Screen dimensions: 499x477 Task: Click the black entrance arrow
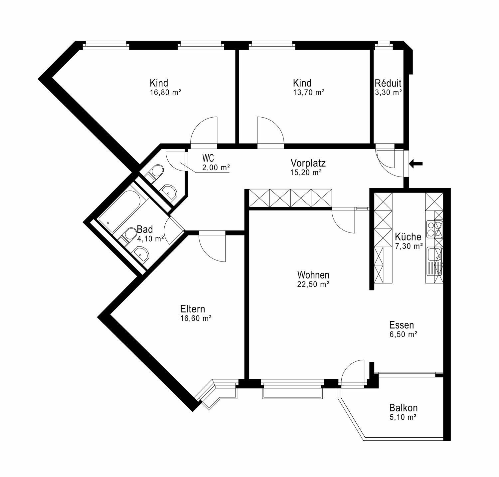[416, 164]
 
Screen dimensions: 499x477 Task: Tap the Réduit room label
[388, 83]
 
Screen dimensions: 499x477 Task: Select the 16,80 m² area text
[165, 93]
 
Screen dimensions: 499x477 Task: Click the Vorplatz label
[308, 163]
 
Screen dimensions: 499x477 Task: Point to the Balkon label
[404, 408]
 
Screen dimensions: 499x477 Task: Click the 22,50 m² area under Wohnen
[313, 284]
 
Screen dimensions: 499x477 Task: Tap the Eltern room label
[193, 309]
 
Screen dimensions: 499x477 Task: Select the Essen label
[402, 325]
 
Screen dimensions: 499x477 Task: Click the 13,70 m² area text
[309, 93]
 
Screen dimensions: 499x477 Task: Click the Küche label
[408, 237]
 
